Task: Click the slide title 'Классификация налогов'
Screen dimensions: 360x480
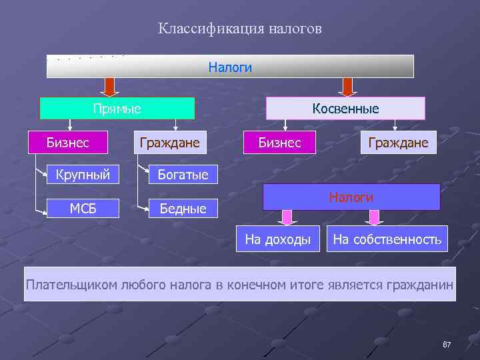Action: (240, 29)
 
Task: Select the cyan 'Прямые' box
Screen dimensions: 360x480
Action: (117, 108)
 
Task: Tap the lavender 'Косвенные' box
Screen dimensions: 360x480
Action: (345, 108)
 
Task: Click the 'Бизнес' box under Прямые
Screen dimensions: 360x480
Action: (67, 142)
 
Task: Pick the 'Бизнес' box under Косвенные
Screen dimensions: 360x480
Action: (279, 143)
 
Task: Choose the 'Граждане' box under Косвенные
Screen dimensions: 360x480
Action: (399, 143)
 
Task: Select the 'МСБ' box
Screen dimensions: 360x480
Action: (83, 208)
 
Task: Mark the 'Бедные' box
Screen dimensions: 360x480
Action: (182, 209)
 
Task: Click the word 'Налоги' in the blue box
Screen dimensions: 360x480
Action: (351, 197)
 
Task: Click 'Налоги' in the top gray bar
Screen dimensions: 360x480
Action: (230, 67)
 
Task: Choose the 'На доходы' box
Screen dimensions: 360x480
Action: (278, 239)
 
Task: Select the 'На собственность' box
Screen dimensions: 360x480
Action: (387, 239)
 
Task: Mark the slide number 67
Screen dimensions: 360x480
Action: (447, 345)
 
